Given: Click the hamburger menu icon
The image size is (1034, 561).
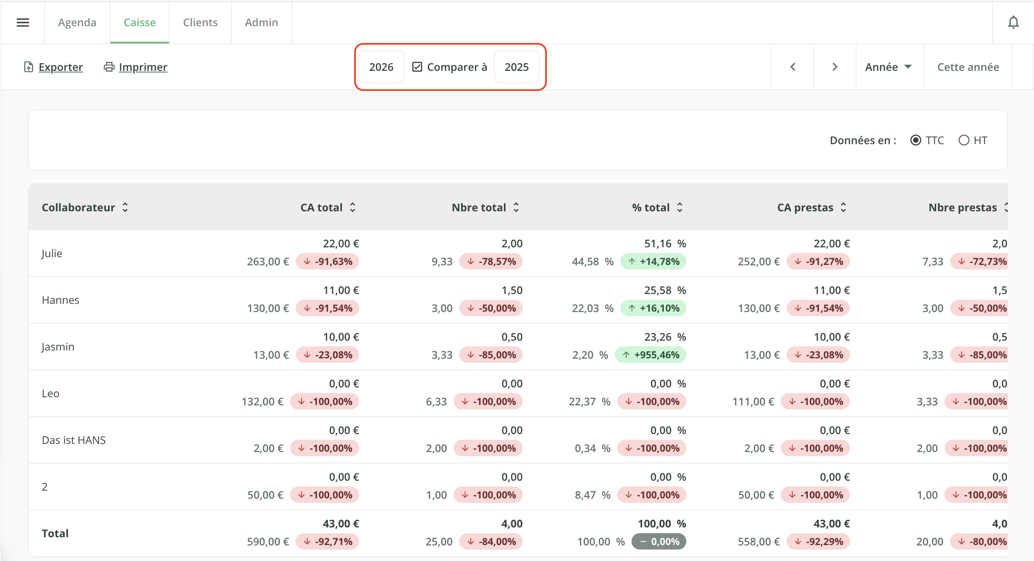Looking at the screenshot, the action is tap(23, 23).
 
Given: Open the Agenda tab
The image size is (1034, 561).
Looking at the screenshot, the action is tap(77, 23).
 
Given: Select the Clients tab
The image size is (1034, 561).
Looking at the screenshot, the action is tap(200, 23).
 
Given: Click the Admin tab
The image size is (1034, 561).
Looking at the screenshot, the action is tap(261, 23).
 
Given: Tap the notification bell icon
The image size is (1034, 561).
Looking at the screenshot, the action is tap(1013, 23).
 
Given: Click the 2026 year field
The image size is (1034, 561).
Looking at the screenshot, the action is tap(381, 67).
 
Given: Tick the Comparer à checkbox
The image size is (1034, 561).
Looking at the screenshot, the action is tap(417, 67).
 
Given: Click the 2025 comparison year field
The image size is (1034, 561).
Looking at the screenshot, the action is tap(517, 67).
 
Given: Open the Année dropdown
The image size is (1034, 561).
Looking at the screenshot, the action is tap(888, 67).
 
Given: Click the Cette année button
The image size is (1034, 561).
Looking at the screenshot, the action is tap(968, 67).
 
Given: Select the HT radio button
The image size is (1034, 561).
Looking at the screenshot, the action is tap(964, 140).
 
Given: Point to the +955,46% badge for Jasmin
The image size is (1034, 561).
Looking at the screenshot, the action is tap(650, 355).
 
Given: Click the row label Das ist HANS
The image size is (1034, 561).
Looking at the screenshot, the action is tap(74, 440).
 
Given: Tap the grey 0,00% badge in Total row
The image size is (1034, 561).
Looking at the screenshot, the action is tap(659, 541).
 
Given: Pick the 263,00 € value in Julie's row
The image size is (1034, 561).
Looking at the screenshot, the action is tap(268, 261).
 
